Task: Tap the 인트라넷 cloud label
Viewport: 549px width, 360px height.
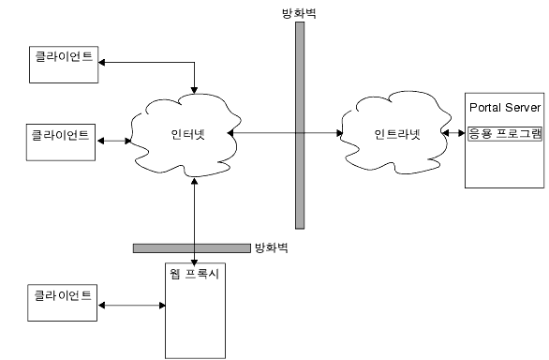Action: click(x=396, y=133)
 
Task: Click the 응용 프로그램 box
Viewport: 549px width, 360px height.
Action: click(x=505, y=133)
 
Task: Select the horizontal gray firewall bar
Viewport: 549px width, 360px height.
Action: click(x=191, y=248)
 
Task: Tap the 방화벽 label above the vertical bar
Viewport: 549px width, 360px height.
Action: click(x=300, y=11)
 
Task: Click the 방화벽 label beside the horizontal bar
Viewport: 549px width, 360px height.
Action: click(x=272, y=248)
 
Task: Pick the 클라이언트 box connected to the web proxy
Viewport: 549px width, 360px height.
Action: click(x=63, y=296)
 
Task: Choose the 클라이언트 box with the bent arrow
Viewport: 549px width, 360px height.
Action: click(x=63, y=57)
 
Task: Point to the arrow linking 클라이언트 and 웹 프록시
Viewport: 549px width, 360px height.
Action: click(x=130, y=305)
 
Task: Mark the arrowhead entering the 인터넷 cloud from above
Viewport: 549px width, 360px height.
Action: click(x=194, y=89)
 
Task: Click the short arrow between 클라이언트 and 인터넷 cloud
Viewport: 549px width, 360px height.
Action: click(x=113, y=141)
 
